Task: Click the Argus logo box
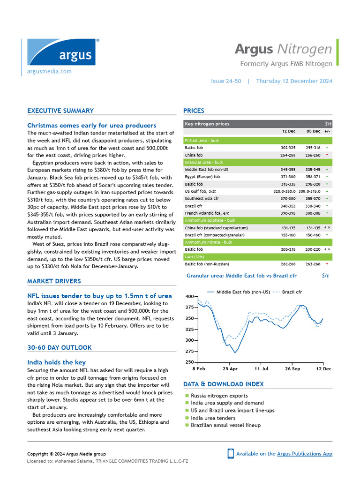(x=61, y=52)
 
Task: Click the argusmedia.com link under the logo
(x=49, y=71)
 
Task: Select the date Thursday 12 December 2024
(x=294, y=81)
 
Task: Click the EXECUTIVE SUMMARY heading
(x=60, y=111)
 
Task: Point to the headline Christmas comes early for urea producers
(x=92, y=125)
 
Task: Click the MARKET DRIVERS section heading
(x=54, y=281)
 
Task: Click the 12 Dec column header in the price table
(x=289, y=131)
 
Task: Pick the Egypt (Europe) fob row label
(x=202, y=177)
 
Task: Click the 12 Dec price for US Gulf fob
(x=284, y=191)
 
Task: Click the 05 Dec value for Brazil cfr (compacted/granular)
(x=313, y=235)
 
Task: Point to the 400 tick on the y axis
(x=189, y=297)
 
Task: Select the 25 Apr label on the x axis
(x=230, y=369)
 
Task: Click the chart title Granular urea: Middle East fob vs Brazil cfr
(x=241, y=276)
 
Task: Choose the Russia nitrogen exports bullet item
(x=219, y=396)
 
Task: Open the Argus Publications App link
(x=304, y=454)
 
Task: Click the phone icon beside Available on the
(x=231, y=453)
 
